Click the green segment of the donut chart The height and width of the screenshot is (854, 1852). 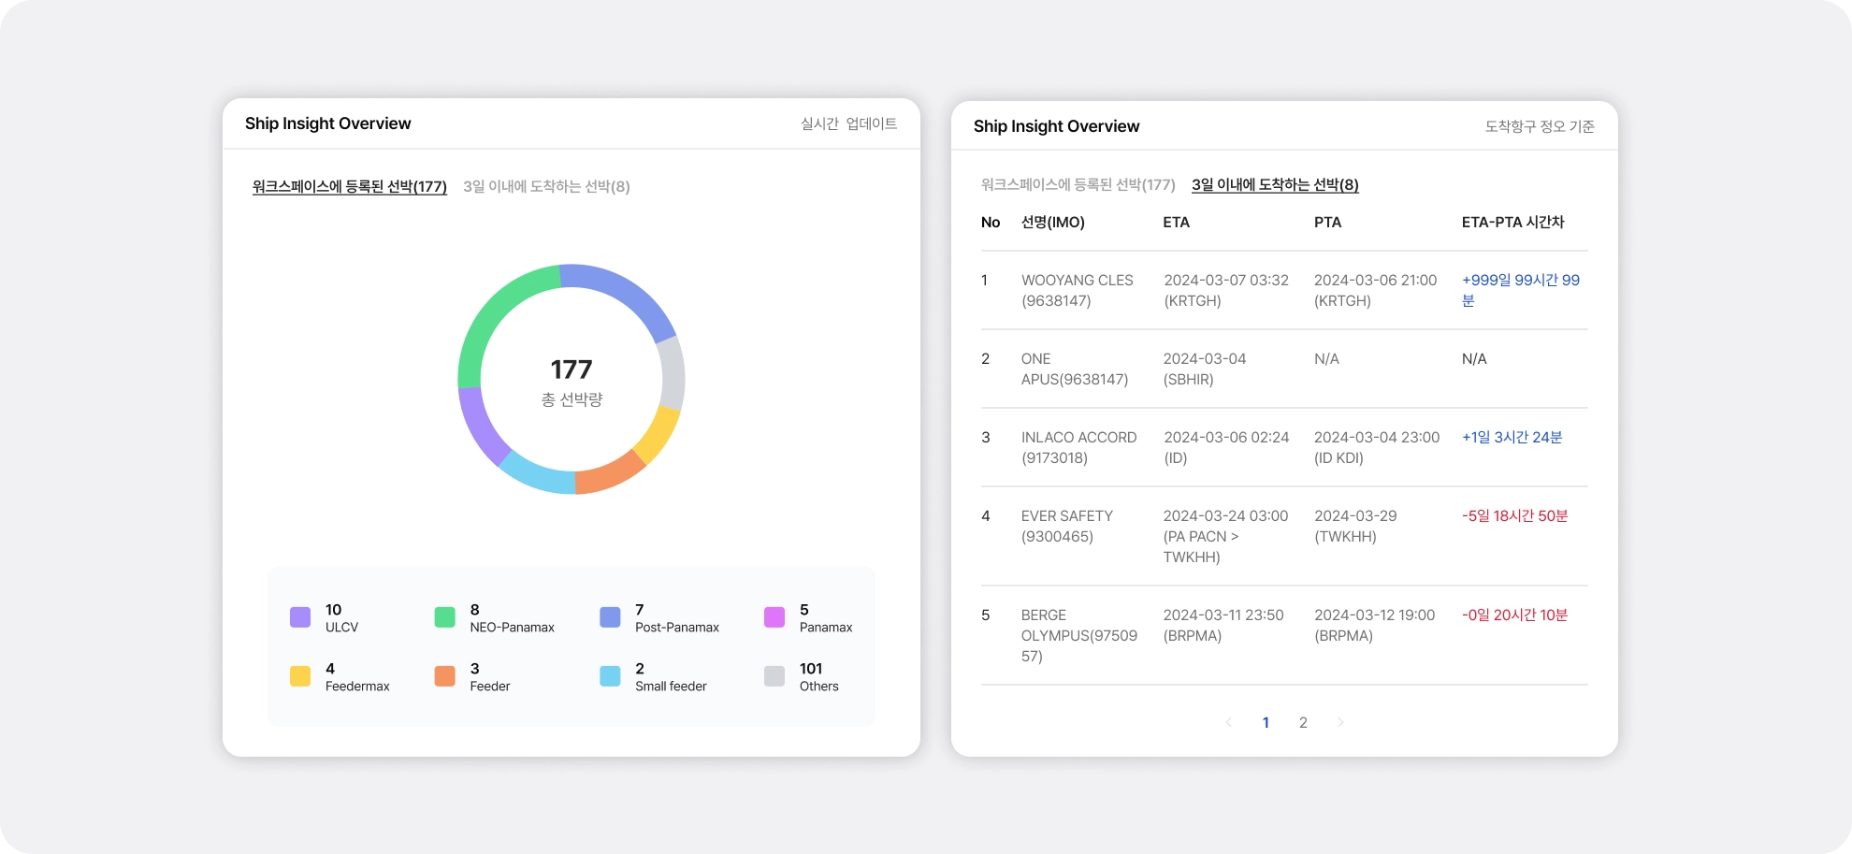[x=486, y=313]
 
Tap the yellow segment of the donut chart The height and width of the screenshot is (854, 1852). [x=659, y=435]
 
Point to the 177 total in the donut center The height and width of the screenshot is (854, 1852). [x=572, y=369]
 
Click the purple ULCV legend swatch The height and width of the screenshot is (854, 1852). [x=300, y=617]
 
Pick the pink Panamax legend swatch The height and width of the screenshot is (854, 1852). [x=774, y=617]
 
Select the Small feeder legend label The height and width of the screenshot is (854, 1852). [x=671, y=687]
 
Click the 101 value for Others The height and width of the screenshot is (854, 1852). [x=811, y=669]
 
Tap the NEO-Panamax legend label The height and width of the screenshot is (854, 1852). [x=512, y=628]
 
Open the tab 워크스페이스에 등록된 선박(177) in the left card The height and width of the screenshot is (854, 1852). [x=350, y=187]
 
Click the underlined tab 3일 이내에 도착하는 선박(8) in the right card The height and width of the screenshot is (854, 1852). [x=1275, y=185]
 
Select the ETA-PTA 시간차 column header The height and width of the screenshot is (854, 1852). [x=1512, y=223]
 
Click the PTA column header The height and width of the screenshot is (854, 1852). [x=1327, y=223]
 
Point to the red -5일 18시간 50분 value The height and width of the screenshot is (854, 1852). [x=1514, y=516]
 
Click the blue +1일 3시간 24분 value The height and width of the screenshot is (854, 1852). [x=1512, y=438]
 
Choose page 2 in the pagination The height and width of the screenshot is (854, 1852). [x=1303, y=722]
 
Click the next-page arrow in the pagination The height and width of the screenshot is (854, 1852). [x=1340, y=722]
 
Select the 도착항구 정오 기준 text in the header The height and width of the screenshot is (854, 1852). [x=1540, y=126]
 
